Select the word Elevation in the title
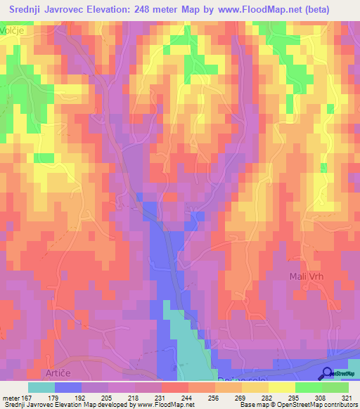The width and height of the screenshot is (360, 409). [110, 11]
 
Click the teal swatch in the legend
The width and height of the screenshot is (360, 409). [41, 387]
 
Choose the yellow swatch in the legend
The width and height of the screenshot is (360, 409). [281, 387]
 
